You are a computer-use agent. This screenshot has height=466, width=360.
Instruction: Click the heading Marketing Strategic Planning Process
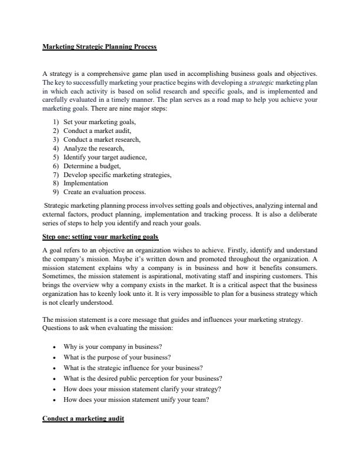click(x=99, y=46)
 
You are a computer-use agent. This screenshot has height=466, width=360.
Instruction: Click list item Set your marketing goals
click(x=95, y=121)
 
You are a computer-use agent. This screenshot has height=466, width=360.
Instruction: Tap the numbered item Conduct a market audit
click(x=93, y=130)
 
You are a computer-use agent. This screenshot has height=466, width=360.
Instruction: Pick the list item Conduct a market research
click(x=102, y=139)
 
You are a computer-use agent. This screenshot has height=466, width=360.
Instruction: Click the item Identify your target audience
click(x=105, y=157)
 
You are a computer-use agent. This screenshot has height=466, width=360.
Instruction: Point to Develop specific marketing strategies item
click(x=117, y=175)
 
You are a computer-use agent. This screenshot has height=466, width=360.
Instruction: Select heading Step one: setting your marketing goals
click(x=100, y=237)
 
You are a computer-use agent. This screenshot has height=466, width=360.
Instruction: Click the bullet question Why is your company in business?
click(x=112, y=347)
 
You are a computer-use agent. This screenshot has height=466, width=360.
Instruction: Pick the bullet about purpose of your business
click(x=116, y=357)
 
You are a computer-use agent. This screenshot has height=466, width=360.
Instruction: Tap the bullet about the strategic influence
click(x=133, y=368)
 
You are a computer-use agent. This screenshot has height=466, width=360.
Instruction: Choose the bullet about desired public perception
click(x=142, y=378)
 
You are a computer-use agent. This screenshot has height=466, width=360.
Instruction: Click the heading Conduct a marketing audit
click(x=83, y=420)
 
